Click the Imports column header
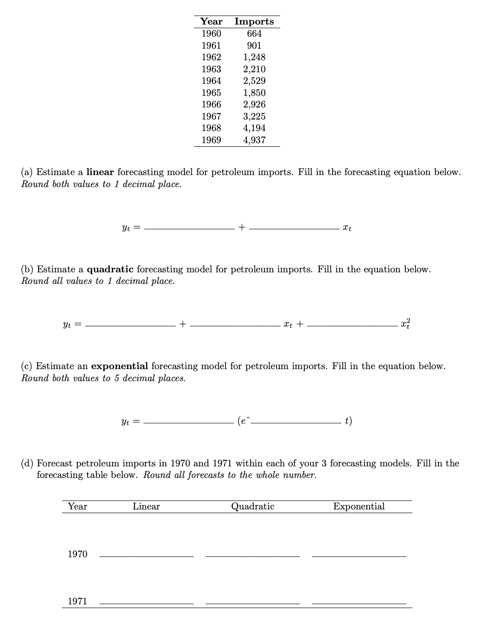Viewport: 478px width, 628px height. (x=254, y=21)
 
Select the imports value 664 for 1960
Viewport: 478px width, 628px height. (x=254, y=33)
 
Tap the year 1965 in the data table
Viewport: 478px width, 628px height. (x=211, y=93)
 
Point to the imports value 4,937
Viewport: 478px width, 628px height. (x=254, y=140)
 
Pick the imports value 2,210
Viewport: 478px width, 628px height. (x=254, y=69)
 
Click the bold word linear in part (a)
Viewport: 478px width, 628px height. (x=100, y=172)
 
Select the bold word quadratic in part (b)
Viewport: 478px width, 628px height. (x=110, y=269)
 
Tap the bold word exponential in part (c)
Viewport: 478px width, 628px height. (x=119, y=366)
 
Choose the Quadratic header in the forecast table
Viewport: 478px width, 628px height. (x=252, y=506)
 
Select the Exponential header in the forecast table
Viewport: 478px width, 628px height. (x=358, y=506)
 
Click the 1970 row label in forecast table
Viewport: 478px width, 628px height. (x=77, y=554)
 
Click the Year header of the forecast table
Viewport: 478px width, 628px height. (x=77, y=506)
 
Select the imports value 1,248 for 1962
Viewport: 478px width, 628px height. (x=254, y=57)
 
